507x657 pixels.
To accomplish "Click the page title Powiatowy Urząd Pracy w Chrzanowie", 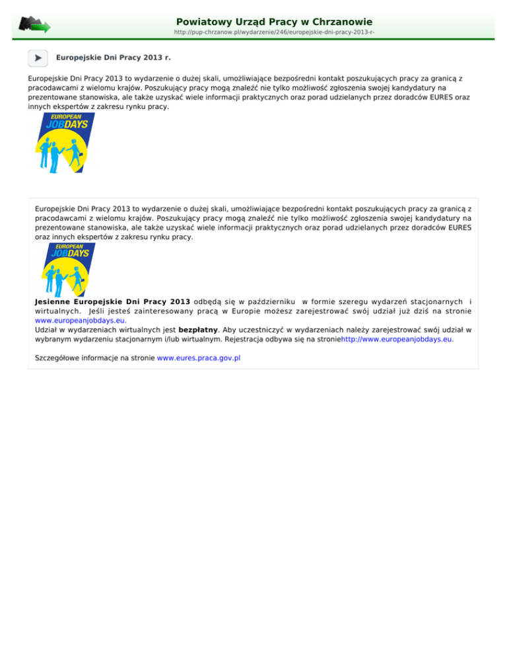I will [x=274, y=22].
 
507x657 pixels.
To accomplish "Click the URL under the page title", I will [x=274, y=32].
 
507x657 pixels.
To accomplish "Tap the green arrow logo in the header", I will [x=34, y=25].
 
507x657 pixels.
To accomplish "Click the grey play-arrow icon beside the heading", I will [x=38, y=58].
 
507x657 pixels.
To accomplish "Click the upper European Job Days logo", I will [x=64, y=143].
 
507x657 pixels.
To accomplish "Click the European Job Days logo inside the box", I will [x=64, y=270].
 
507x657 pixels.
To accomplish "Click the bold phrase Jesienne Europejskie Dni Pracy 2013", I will [x=112, y=301].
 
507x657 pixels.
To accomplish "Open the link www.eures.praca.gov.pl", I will [x=199, y=358].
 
